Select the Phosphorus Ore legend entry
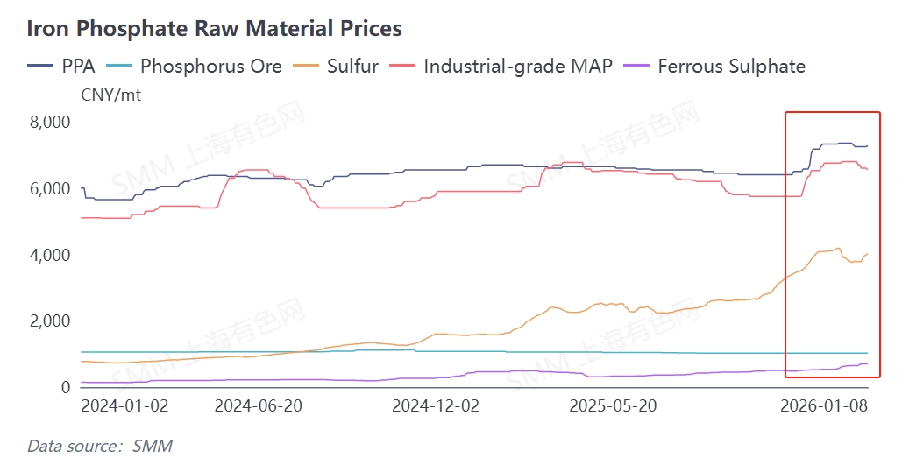click(210, 66)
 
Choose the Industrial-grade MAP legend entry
click(518, 66)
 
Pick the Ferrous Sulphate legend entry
click(731, 66)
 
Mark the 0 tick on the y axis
click(64, 387)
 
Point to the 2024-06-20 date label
click(258, 406)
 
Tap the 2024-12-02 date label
click(436, 406)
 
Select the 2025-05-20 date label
click(614, 406)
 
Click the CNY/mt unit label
click(110, 95)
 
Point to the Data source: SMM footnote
click(100, 446)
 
